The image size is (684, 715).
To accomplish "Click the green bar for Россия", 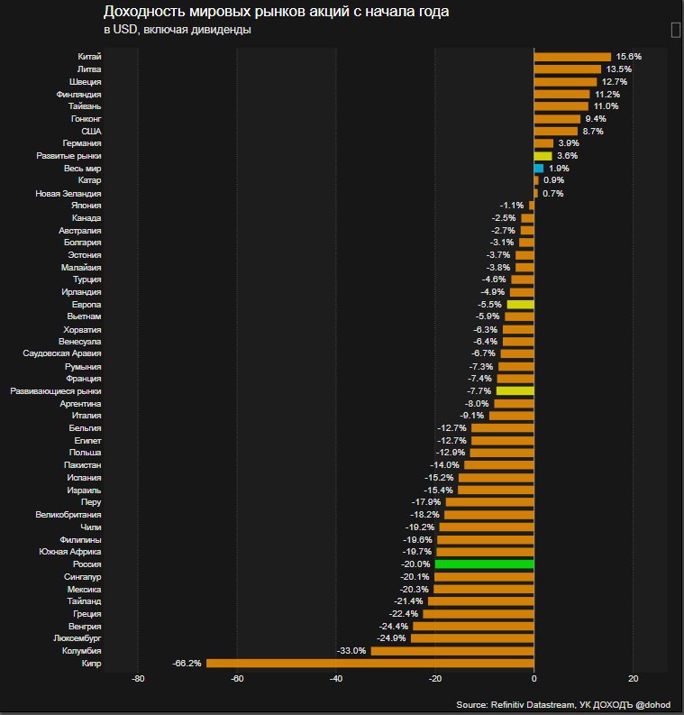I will coord(484,564).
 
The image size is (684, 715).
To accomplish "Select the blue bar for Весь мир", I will coord(539,169).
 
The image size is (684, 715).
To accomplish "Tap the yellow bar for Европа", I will coord(520,305).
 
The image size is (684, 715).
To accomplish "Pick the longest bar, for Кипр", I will coord(369,663).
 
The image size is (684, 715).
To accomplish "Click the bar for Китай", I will coord(572,57).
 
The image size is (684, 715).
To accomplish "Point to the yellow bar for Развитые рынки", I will coord(543,156).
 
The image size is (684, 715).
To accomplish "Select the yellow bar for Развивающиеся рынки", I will coord(515,391).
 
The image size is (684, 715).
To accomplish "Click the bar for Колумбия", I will coord(452,650).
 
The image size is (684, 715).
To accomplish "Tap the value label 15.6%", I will coord(629,57).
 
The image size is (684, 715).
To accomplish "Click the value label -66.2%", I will coord(186,663).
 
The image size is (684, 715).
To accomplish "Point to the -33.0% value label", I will coord(351,650).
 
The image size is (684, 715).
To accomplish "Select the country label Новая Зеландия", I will coord(68,193).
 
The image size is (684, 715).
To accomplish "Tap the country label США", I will coord(91,132).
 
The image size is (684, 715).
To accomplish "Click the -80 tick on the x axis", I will coord(138,679).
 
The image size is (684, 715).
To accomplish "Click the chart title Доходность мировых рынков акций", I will coord(276,12).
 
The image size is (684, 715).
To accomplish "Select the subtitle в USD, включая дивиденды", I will coord(178,30).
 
